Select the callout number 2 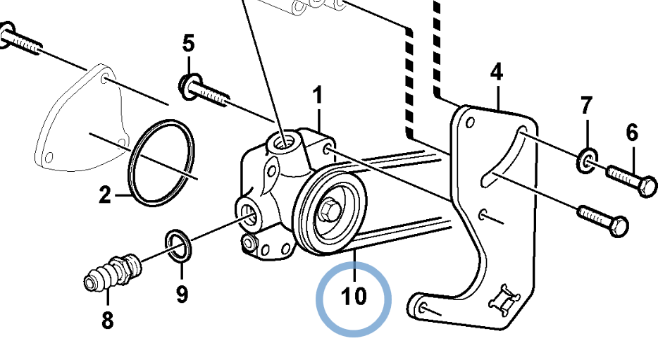[x=105, y=195]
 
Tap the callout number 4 [x=497, y=72]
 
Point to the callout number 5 [x=188, y=44]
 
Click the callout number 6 [x=632, y=132]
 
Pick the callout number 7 [x=587, y=106]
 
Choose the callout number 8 [x=107, y=321]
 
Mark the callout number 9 [x=182, y=293]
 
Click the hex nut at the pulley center [x=329, y=211]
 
